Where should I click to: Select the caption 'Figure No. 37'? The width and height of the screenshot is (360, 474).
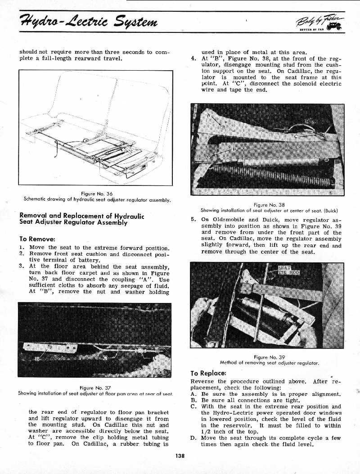coord(95,388)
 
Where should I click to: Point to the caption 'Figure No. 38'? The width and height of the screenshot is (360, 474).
coord(267,204)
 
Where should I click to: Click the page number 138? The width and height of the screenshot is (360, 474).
coord(180,455)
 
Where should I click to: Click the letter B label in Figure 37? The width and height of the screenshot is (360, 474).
coord(38,358)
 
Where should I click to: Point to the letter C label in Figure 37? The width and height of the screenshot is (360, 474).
coord(105,358)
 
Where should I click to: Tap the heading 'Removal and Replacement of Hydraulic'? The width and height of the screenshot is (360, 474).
coord(81,216)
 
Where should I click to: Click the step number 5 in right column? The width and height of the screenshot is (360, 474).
coord(193,220)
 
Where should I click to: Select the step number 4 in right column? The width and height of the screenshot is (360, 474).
coord(193,59)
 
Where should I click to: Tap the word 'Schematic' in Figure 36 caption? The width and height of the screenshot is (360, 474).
coord(36,199)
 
